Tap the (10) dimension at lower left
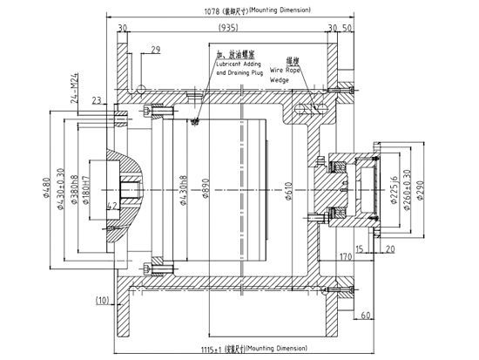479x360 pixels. [x=102, y=301]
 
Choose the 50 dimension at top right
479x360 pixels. [x=347, y=29]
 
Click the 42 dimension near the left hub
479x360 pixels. [x=112, y=206]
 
